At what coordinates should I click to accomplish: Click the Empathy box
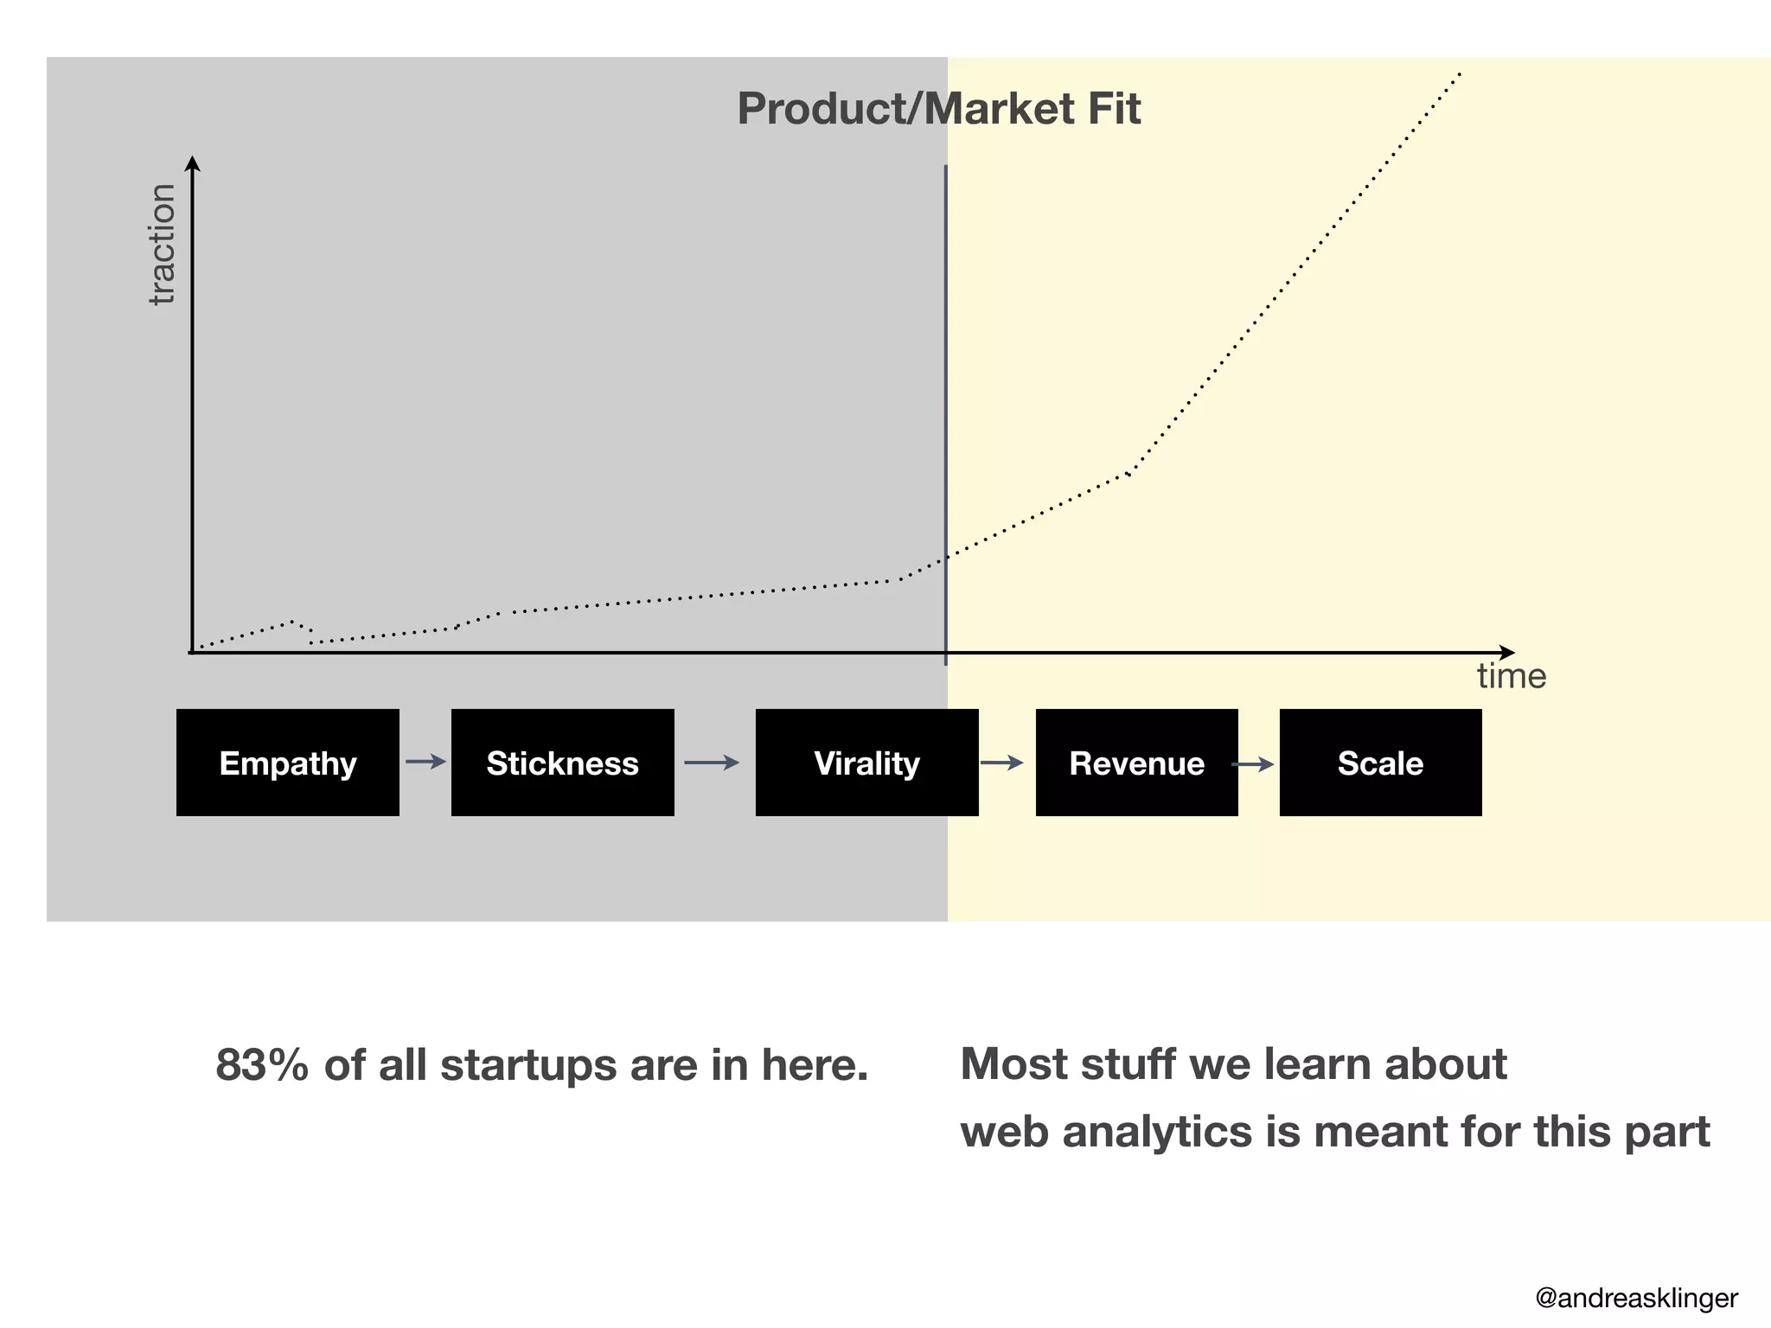[x=287, y=763]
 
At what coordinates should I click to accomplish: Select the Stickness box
[x=562, y=763]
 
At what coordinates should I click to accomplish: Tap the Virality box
[x=866, y=763]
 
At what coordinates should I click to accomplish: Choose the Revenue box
[x=1136, y=763]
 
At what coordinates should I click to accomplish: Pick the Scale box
[x=1380, y=763]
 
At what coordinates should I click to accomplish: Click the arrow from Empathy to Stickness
[x=425, y=762]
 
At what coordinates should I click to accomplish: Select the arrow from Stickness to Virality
[x=712, y=763]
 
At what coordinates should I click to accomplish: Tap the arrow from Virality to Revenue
[x=1001, y=763]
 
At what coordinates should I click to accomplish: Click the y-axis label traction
[x=162, y=244]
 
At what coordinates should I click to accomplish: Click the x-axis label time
[x=1511, y=676]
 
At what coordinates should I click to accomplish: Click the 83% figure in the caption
[x=261, y=1064]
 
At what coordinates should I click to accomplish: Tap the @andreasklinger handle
[x=1636, y=1298]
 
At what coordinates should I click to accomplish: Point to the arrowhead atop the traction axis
[x=193, y=163]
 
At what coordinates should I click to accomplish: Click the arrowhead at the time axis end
[x=1506, y=653]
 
